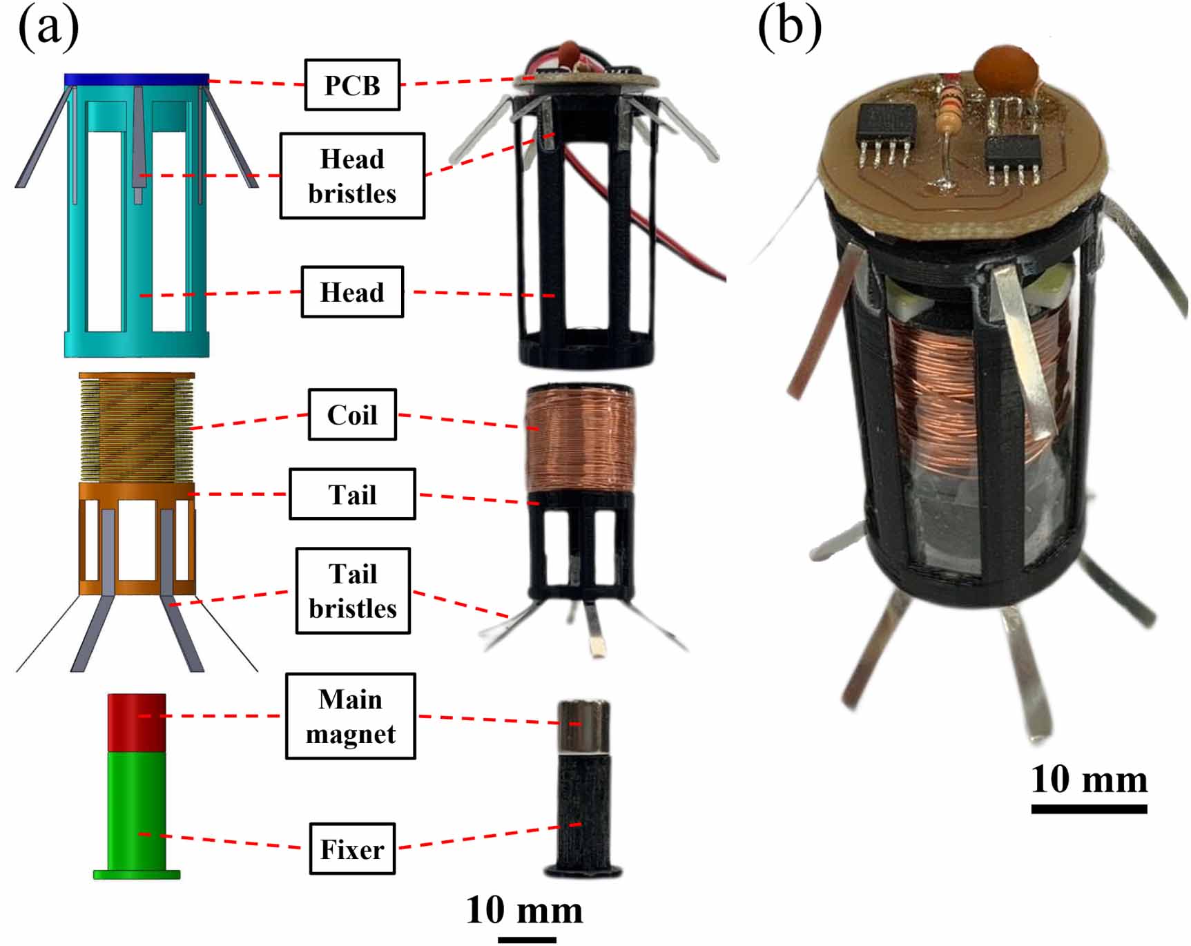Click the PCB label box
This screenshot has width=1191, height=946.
click(x=352, y=85)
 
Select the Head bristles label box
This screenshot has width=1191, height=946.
click(x=352, y=176)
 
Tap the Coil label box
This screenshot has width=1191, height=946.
click(x=352, y=414)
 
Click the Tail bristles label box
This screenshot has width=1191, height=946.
click(x=353, y=591)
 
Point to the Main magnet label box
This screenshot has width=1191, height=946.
click(x=351, y=716)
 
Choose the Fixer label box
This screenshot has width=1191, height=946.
click(x=352, y=849)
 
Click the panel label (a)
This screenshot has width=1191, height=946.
click(x=48, y=29)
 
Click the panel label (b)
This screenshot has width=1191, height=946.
click(x=789, y=29)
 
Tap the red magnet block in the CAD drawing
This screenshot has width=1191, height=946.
click(x=137, y=722)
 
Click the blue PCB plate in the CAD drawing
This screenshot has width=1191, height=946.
click(x=137, y=79)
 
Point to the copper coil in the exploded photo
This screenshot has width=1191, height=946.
click(x=580, y=438)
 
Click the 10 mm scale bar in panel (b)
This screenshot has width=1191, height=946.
click(x=1089, y=809)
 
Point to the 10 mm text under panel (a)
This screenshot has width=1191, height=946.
click(x=525, y=909)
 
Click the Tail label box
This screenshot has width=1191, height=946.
click(x=352, y=494)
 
